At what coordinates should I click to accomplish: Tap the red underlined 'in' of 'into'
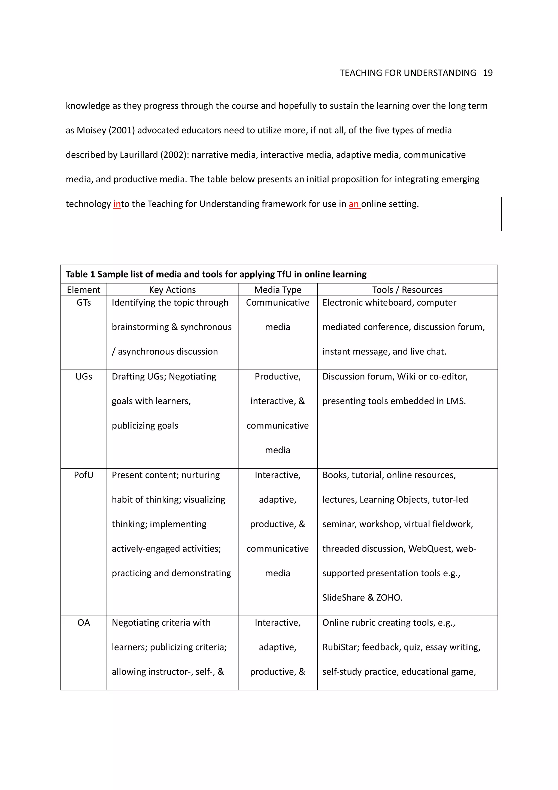[x=117, y=204]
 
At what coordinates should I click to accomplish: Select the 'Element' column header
[x=84, y=290]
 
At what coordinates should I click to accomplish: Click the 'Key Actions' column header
[x=172, y=290]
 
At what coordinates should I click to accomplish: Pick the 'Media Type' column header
[x=277, y=290]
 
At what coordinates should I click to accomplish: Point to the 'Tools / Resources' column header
[x=407, y=290]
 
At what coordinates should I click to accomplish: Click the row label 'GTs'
[x=84, y=302]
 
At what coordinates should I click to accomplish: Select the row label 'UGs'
[x=84, y=376]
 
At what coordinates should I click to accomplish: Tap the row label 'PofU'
[x=84, y=475]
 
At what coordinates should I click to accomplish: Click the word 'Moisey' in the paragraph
[x=91, y=130]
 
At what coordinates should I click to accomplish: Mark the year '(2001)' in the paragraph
[x=121, y=130]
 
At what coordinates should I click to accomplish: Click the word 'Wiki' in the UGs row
[x=406, y=376]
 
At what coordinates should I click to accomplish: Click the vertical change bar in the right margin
[x=501, y=214]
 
